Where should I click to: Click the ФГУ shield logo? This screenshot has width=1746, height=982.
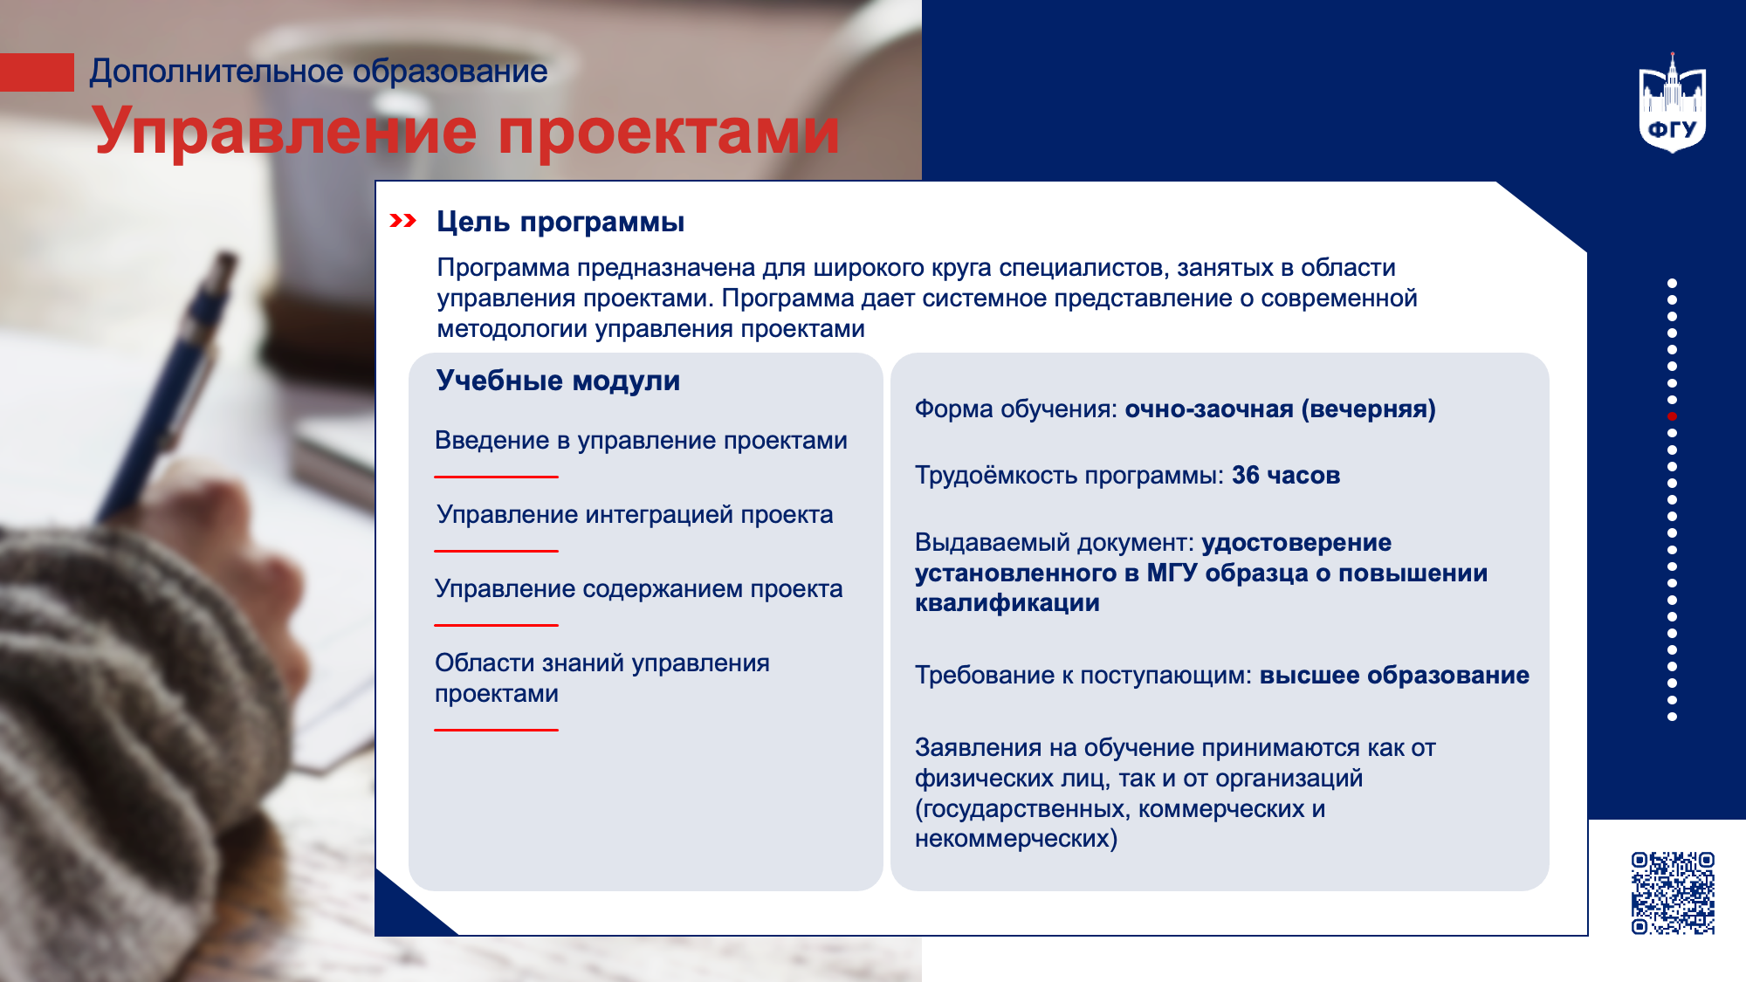pyautogui.click(x=1672, y=103)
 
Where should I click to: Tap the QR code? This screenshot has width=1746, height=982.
pyautogui.click(x=1673, y=893)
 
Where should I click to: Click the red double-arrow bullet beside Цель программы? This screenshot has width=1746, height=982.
pyautogui.click(x=402, y=221)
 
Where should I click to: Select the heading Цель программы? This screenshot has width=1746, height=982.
pyautogui.click(x=560, y=222)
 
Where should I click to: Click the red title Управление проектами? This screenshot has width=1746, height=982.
pyautogui.click(x=466, y=131)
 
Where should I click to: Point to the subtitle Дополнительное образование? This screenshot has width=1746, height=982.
pyautogui.click(x=319, y=71)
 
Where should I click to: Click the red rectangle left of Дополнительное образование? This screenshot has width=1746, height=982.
pyautogui.click(x=37, y=72)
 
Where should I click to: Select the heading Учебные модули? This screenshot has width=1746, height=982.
pyautogui.click(x=558, y=381)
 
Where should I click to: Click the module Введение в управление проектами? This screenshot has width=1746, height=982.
pyautogui.click(x=641, y=440)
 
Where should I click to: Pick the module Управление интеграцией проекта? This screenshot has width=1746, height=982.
pyautogui.click(x=635, y=514)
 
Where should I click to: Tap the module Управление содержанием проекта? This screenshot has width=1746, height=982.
pyautogui.click(x=639, y=588)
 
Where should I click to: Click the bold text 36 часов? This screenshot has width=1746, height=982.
pyautogui.click(x=1286, y=475)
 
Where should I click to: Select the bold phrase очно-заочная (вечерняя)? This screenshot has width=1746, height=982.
pyautogui.click(x=1280, y=409)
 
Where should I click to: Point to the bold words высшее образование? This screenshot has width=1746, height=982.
pyautogui.click(x=1394, y=675)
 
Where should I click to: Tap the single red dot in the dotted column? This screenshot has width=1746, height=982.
pyautogui.click(x=1672, y=416)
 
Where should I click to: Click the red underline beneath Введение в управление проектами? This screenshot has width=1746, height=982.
pyautogui.click(x=496, y=477)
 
